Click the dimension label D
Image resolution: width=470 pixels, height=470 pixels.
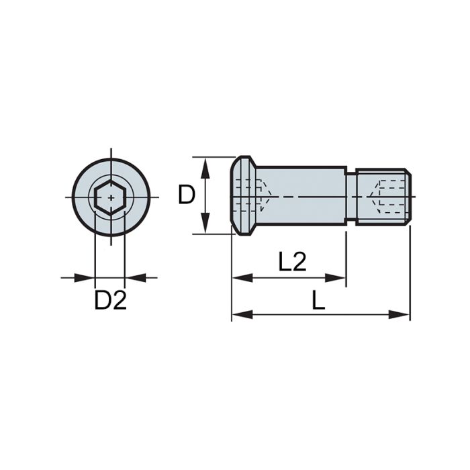click(x=186, y=195)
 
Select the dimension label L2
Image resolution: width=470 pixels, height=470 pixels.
click(x=292, y=262)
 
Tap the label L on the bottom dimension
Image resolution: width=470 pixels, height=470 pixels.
click(x=318, y=301)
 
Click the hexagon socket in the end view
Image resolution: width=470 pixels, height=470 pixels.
click(x=110, y=198)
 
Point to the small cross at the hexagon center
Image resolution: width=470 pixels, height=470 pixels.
click(x=110, y=198)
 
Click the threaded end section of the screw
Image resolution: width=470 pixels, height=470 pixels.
click(x=383, y=196)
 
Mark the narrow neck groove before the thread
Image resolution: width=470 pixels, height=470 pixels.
click(x=350, y=196)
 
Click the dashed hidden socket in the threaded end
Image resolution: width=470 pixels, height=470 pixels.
click(x=386, y=195)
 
